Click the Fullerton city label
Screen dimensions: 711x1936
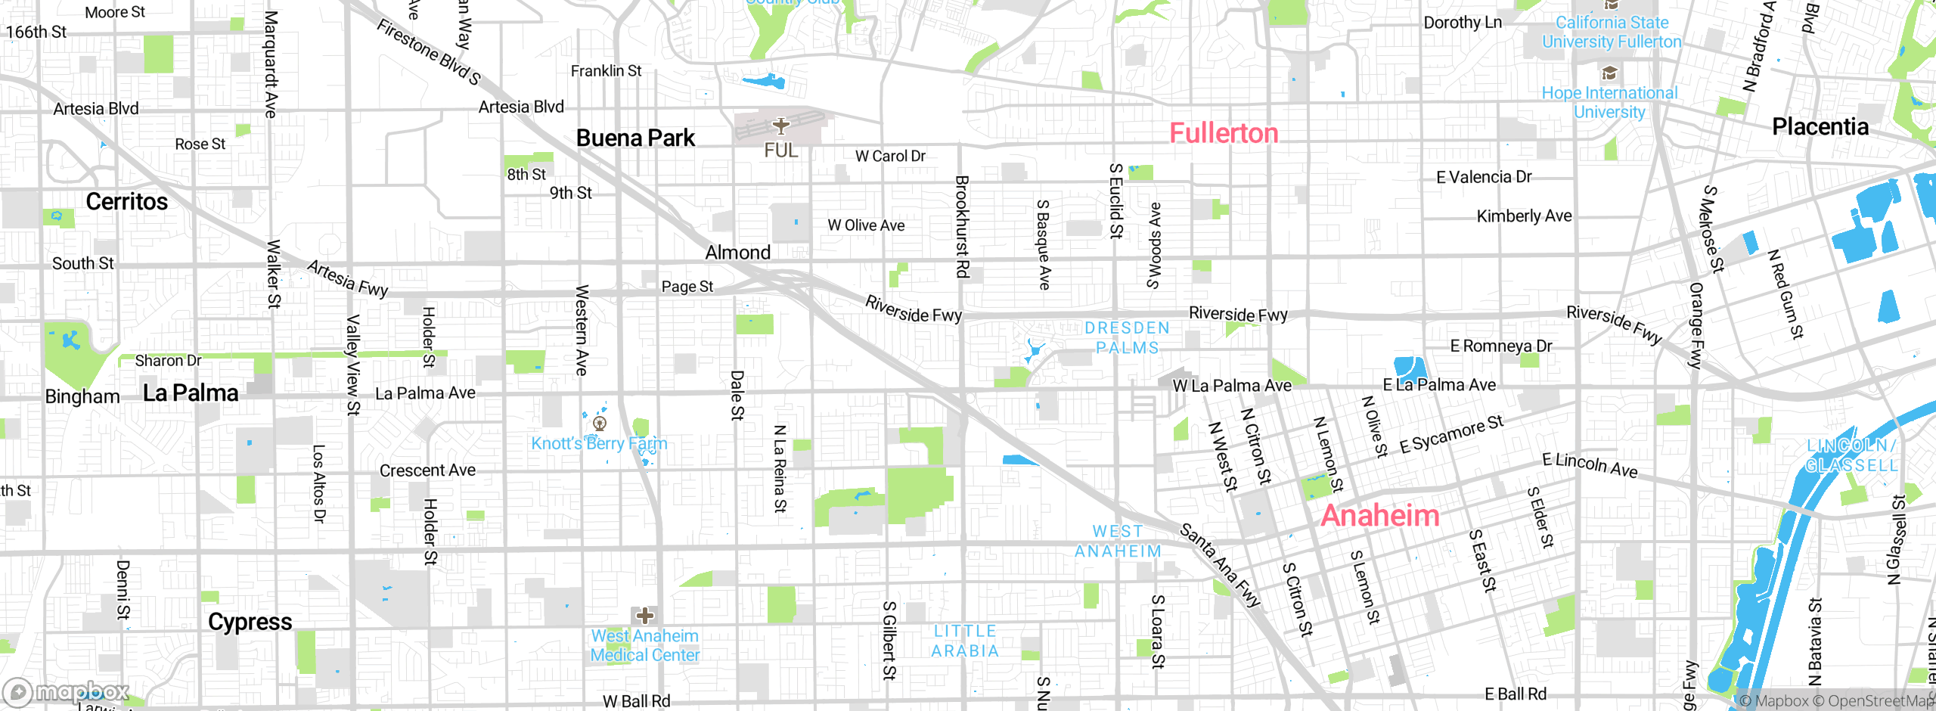click(x=1224, y=133)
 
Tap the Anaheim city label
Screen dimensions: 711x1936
click(x=1379, y=516)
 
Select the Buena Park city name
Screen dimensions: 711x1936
click(x=635, y=138)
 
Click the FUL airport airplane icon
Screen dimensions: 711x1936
click(x=780, y=126)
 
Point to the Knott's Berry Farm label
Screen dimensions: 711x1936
click(x=599, y=443)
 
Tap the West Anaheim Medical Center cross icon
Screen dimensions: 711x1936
click(x=644, y=615)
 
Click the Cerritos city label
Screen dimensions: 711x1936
click(x=126, y=201)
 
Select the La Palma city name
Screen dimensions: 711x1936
click(x=191, y=393)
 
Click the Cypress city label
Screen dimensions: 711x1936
click(x=250, y=622)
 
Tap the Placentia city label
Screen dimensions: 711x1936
click(x=1820, y=126)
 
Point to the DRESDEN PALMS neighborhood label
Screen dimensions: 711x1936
click(x=1127, y=337)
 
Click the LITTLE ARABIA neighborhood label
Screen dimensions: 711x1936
click(x=965, y=641)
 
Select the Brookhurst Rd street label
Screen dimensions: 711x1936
click(x=962, y=227)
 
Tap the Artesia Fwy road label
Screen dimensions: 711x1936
click(x=348, y=278)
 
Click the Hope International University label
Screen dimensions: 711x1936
click(x=1609, y=102)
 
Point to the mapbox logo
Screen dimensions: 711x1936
click(x=67, y=691)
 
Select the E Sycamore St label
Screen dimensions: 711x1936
click(x=1451, y=435)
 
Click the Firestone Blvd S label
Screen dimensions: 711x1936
click(x=429, y=51)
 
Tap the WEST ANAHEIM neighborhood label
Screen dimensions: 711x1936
click(x=1118, y=542)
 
